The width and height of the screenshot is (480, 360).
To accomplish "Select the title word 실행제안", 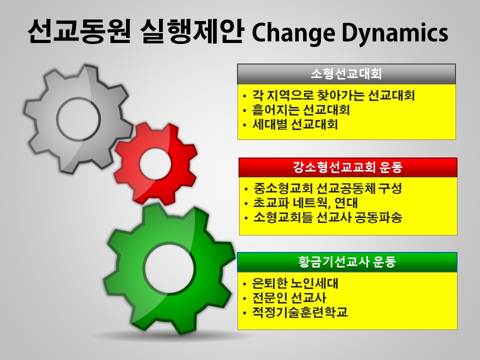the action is pyautogui.click(x=192, y=32).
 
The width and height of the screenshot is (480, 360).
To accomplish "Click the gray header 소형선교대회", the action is pyautogui.click(x=346, y=74).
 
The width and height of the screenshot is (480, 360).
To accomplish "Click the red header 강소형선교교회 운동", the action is pyautogui.click(x=348, y=167).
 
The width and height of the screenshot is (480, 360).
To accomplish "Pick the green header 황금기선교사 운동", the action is pyautogui.click(x=347, y=262).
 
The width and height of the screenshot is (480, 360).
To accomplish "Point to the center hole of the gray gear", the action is pyautogui.click(x=78, y=119).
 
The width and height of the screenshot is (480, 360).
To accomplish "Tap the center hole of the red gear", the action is pyautogui.click(x=155, y=164).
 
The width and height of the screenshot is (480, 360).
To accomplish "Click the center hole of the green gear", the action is pyautogui.click(x=168, y=266).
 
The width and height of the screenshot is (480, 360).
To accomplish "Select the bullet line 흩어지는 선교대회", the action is pyautogui.click(x=301, y=110).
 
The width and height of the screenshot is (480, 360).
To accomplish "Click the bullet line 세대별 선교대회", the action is pyautogui.click(x=295, y=124).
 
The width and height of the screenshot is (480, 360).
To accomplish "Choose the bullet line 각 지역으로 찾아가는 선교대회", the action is pyautogui.click(x=333, y=95).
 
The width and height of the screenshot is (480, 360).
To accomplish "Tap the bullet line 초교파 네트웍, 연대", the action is pyautogui.click(x=305, y=203).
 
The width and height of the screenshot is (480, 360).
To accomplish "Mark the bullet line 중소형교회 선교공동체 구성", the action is pyautogui.click(x=327, y=188).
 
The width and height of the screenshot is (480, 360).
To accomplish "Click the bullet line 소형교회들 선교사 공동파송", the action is pyautogui.click(x=327, y=217).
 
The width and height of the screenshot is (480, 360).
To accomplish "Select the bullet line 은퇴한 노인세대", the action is pyautogui.click(x=295, y=283).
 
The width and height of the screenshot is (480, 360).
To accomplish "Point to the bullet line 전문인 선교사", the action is pyautogui.click(x=289, y=298).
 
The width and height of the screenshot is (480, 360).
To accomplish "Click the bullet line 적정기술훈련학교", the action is pyautogui.click(x=300, y=312).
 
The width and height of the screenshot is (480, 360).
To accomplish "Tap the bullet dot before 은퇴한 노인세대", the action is pyautogui.click(x=244, y=284).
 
